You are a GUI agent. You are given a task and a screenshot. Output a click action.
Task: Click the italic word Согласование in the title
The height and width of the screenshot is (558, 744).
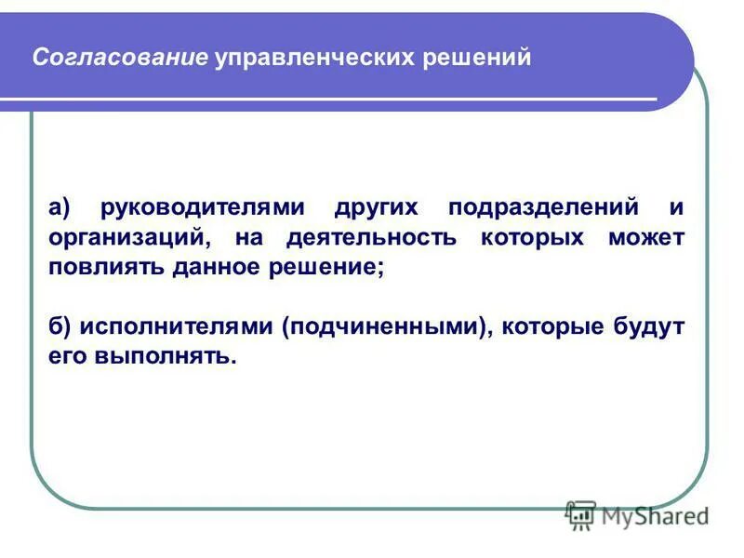pos(119,58)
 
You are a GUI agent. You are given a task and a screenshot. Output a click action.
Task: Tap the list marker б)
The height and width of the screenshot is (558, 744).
pos(60,326)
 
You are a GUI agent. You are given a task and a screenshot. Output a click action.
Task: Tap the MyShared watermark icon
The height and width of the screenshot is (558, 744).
pos(581,515)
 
